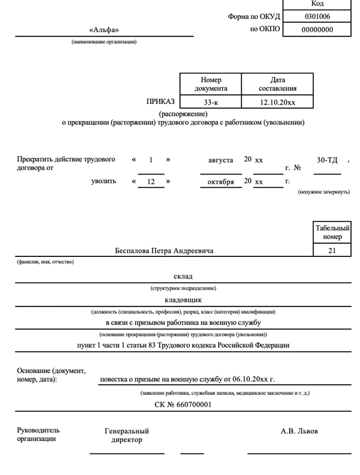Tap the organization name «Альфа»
(104, 30)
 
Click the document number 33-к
(211, 102)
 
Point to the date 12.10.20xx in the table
(277, 102)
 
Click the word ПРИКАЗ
(160, 102)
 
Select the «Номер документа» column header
(211, 84)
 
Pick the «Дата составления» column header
(277, 84)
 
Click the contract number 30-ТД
(327, 160)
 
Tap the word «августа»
(221, 160)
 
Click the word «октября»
(221, 182)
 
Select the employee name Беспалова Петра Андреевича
(164, 251)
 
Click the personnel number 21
(332, 251)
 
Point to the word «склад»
(183, 277)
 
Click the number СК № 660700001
(182, 404)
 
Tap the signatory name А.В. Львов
(300, 431)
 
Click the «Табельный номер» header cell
(332, 232)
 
